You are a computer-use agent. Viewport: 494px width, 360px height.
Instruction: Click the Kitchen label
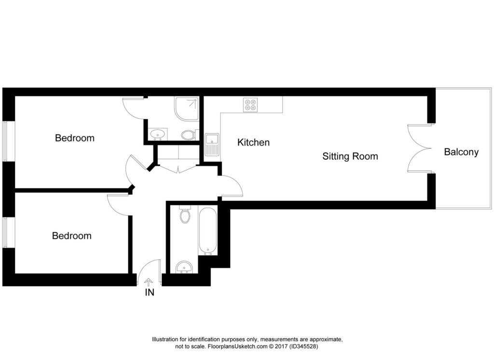(x=253, y=142)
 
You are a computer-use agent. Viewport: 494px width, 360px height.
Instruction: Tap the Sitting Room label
(x=350, y=156)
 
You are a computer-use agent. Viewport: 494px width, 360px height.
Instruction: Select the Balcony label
(x=461, y=152)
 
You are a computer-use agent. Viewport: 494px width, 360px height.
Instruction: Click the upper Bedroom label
(x=74, y=138)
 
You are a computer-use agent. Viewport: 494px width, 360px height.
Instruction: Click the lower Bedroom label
(x=71, y=236)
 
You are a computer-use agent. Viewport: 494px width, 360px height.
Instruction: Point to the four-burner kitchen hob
(x=250, y=105)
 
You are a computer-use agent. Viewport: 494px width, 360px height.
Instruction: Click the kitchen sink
(x=212, y=144)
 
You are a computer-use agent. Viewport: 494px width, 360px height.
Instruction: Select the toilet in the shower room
(x=188, y=134)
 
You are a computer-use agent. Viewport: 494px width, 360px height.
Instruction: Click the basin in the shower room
(x=157, y=134)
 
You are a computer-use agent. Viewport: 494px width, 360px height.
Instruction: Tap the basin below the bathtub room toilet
(x=184, y=267)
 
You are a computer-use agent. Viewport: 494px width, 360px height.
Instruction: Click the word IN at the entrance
(x=150, y=292)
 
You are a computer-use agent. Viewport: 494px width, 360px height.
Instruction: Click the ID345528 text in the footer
(x=302, y=346)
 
